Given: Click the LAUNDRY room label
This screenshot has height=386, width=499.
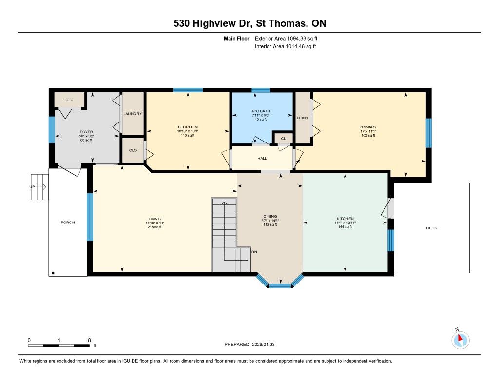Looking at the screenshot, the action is pyautogui.click(x=133, y=114).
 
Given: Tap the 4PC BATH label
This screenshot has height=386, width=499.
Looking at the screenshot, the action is pyautogui.click(x=261, y=111).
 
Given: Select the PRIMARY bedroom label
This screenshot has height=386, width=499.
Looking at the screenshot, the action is pyautogui.click(x=368, y=127).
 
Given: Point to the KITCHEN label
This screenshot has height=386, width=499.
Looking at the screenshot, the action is pyautogui.click(x=345, y=219).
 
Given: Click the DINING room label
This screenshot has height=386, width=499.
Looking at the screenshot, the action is pyautogui.click(x=270, y=216).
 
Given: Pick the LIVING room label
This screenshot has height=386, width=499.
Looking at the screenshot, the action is pyautogui.click(x=154, y=219).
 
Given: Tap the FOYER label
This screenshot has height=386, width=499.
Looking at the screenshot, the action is pyautogui.click(x=86, y=132).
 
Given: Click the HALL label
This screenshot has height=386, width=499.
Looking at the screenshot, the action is pyautogui.click(x=262, y=158).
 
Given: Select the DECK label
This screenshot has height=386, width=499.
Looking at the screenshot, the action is pyautogui.click(x=432, y=228).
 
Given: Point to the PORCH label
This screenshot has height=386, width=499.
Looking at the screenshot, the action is pyautogui.click(x=68, y=223).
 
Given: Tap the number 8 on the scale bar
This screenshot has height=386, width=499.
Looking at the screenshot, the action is pyautogui.click(x=90, y=340).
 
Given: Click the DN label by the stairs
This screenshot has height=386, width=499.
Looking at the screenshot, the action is pyautogui.click(x=254, y=252).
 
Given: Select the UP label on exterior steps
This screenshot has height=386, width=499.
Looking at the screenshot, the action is pyautogui.click(x=32, y=187).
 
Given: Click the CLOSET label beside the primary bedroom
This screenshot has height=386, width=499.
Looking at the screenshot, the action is pyautogui.click(x=303, y=118).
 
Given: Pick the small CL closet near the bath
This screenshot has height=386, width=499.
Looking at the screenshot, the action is pyautogui.click(x=283, y=138).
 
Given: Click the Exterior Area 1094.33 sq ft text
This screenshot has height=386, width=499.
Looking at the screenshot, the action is pyautogui.click(x=286, y=39).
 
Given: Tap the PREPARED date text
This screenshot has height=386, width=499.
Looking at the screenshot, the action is pyautogui.click(x=249, y=344).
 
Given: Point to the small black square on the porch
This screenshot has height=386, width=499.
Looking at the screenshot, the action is pyautogui.click(x=53, y=273).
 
